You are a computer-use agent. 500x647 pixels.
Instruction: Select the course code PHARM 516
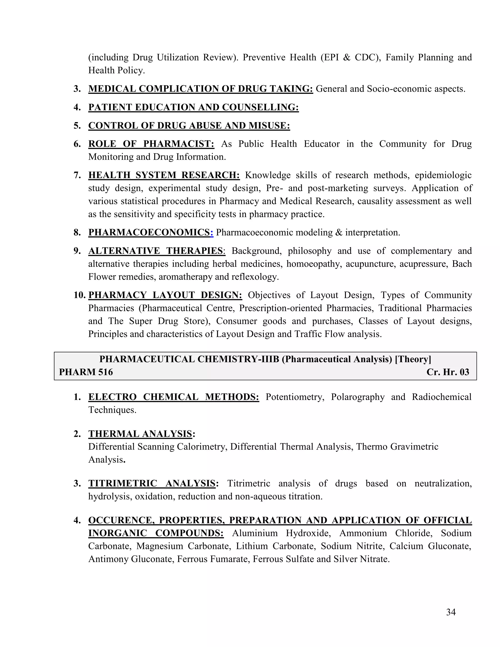86,372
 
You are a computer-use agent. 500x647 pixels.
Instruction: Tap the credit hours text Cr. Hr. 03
448,372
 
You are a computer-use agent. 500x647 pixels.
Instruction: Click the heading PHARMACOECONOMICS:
150,232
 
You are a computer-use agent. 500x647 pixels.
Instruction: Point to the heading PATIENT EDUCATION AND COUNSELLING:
193,107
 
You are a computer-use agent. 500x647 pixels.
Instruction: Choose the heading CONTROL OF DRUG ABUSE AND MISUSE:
189,125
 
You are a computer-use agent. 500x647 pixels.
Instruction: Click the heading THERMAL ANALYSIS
140,434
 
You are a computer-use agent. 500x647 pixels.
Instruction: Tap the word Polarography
357,397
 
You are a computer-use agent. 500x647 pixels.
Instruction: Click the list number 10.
79,295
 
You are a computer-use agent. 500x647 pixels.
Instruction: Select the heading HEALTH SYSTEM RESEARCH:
164,175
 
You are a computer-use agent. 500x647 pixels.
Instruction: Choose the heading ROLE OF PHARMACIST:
151,144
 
